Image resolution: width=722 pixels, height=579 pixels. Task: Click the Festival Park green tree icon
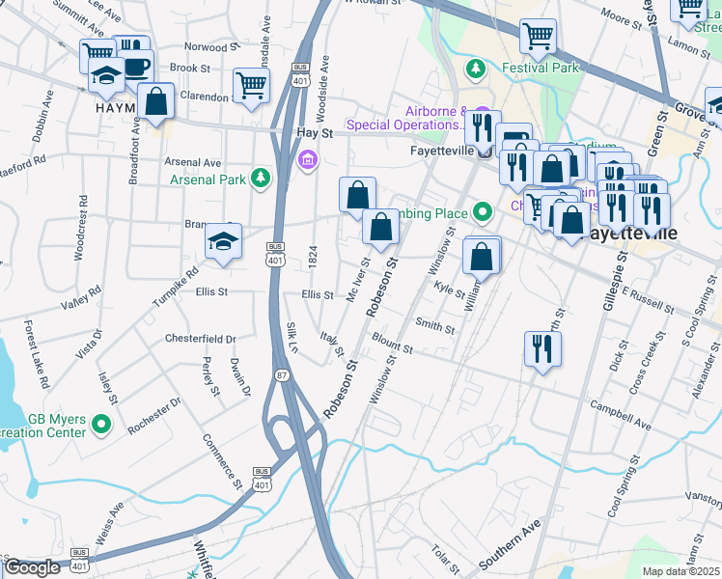click(x=475, y=69)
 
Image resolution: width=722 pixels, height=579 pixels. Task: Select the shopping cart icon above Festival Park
click(x=538, y=38)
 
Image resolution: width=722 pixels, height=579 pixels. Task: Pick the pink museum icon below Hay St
click(x=308, y=159)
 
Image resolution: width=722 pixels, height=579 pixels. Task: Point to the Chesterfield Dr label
click(x=200, y=340)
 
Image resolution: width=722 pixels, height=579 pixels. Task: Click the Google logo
click(x=32, y=567)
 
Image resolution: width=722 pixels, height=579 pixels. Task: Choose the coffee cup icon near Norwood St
click(x=136, y=66)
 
